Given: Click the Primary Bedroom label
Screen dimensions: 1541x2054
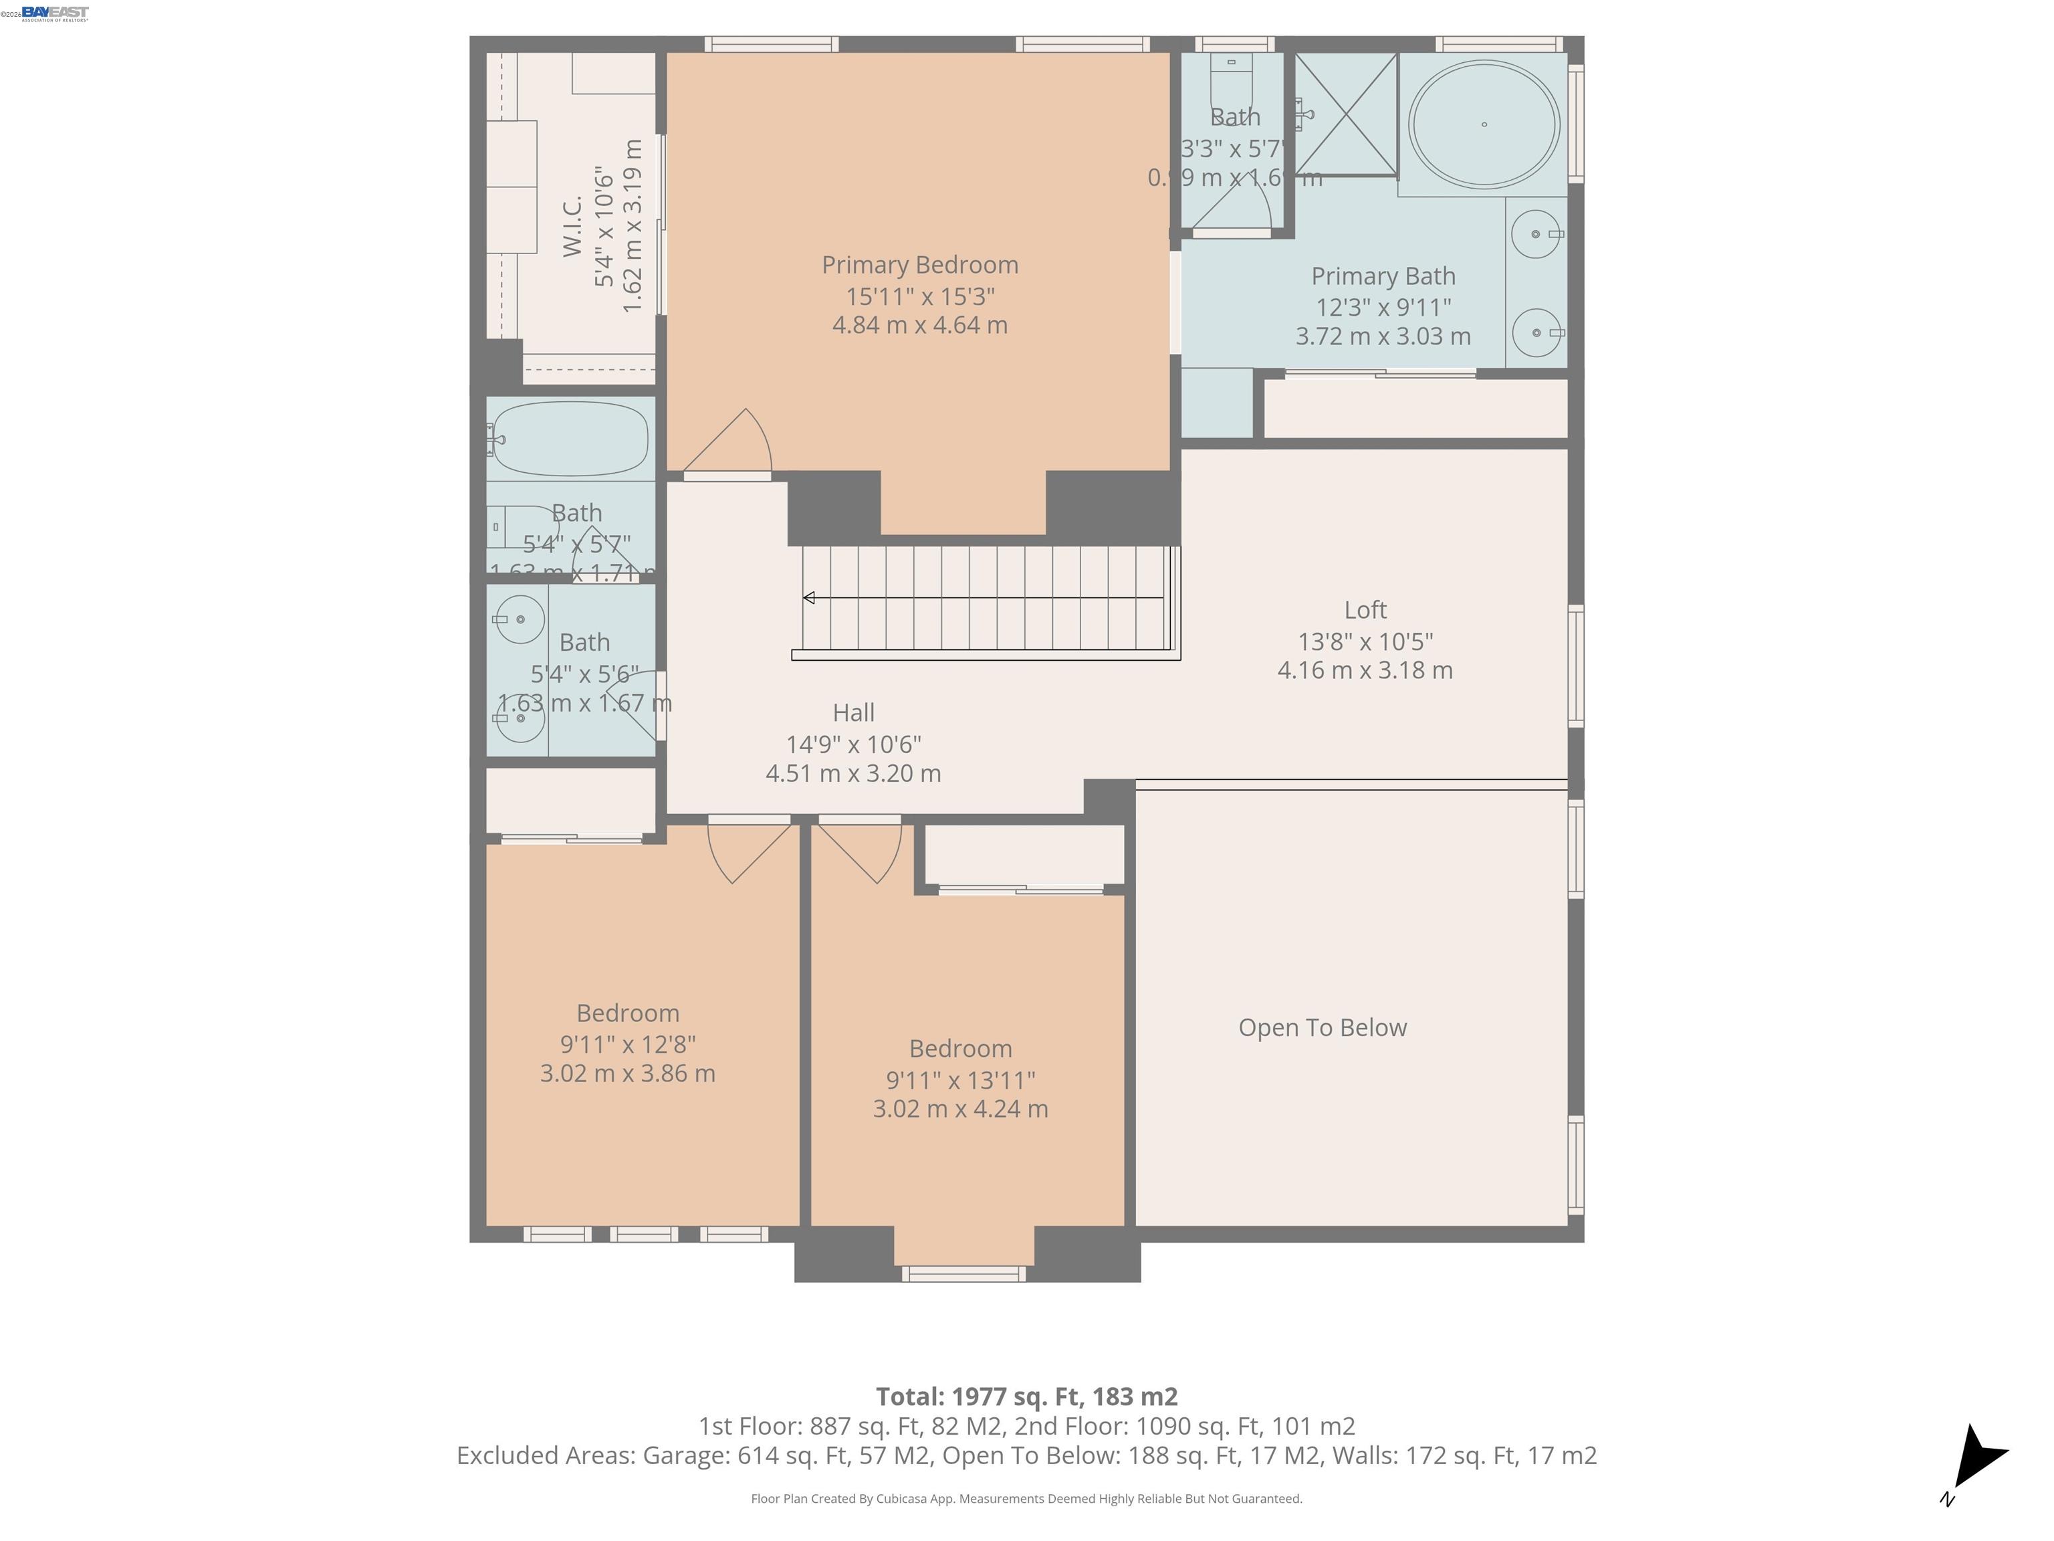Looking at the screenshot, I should coord(919,265).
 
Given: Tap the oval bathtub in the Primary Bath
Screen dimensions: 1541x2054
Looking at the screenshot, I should coord(1483,124).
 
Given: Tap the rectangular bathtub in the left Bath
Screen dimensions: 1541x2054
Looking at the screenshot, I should coord(569,439).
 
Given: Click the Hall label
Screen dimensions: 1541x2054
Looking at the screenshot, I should coord(852,712).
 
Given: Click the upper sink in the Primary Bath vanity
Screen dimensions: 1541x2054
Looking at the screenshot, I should coord(1536,234).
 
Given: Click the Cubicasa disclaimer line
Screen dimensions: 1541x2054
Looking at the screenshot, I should coord(1026,1498).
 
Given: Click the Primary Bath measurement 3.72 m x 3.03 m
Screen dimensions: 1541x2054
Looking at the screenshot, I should coord(1383,336).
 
